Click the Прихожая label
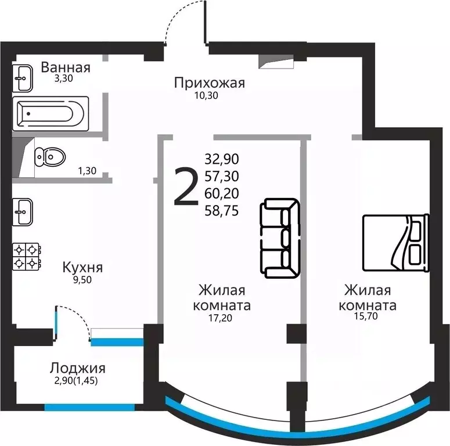tap(210, 83)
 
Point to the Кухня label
tap(83, 268)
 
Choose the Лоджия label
tap(77, 368)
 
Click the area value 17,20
tap(220, 318)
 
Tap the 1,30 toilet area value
tap(87, 171)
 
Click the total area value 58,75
tap(222, 211)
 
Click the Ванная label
tap(66, 67)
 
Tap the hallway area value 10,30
tap(206, 96)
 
